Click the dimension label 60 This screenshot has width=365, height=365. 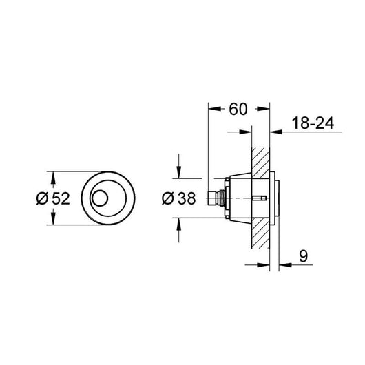(238, 109)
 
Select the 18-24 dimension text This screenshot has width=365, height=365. (313, 123)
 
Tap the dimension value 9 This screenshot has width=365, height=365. (303, 256)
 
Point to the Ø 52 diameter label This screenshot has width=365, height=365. (53, 198)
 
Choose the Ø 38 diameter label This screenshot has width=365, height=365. (179, 198)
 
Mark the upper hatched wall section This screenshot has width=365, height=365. (260, 163)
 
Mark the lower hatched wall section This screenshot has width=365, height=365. (260, 233)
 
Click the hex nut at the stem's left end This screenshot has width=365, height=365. (211, 198)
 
